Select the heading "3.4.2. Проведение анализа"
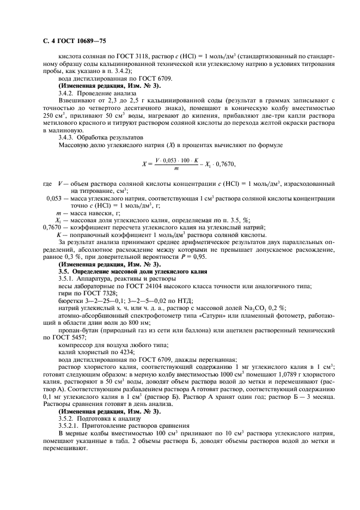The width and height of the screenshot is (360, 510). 89,93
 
